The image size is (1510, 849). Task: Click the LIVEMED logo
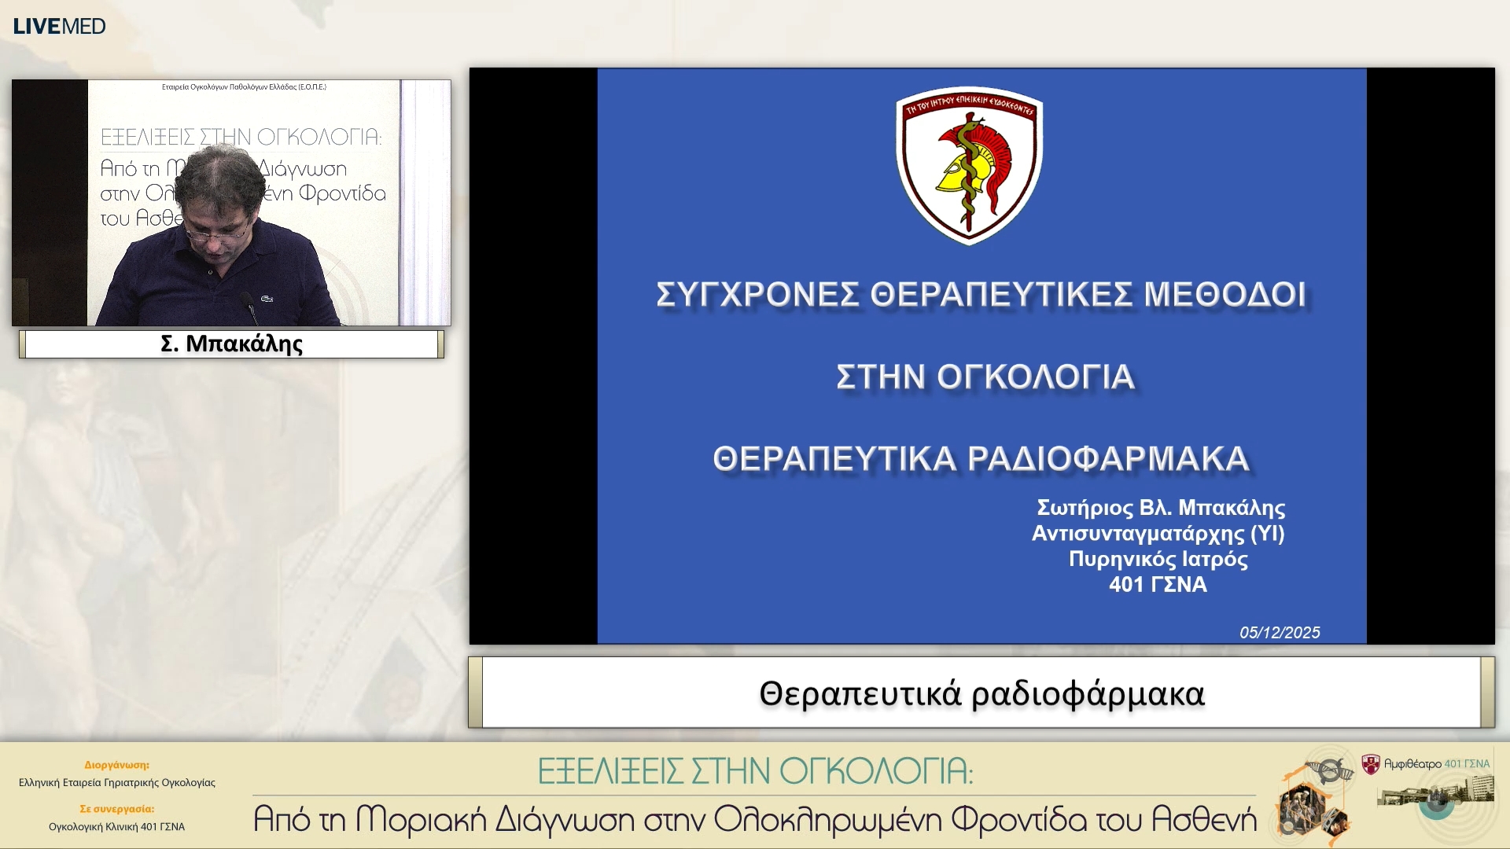[59, 26]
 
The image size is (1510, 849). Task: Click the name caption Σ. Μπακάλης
[231, 344]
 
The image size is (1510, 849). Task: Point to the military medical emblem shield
[969, 165]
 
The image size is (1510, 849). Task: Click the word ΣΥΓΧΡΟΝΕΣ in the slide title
[757, 295]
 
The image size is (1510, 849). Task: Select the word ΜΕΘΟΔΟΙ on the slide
[1225, 295]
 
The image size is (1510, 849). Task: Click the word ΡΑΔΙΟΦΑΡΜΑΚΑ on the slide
[1108, 459]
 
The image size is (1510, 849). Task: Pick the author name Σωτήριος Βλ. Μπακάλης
[1161, 508]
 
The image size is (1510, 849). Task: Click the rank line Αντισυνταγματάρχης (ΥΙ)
[1158, 534]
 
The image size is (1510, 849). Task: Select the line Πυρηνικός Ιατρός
[1158, 560]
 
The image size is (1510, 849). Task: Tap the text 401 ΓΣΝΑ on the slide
[1158, 585]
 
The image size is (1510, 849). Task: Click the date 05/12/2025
[1280, 633]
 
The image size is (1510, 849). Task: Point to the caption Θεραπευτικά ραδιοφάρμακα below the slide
[981, 694]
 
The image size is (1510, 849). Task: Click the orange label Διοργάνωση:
[116, 765]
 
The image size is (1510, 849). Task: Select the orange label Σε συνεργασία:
[116, 809]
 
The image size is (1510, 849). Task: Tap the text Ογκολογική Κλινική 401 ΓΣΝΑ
[116, 827]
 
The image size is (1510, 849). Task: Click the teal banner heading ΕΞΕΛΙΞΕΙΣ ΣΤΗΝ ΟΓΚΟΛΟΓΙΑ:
[755, 771]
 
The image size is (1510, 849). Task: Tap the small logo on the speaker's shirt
[267, 299]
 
